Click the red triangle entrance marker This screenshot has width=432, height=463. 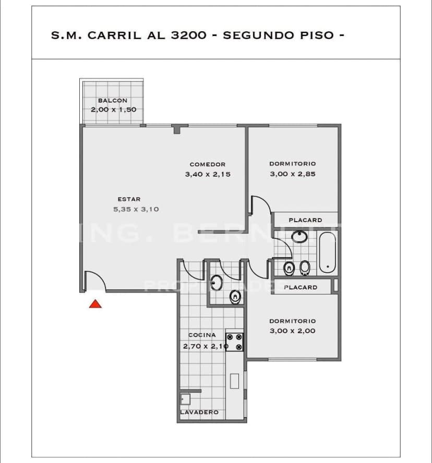tap(95, 303)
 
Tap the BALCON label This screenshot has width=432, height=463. tap(112, 101)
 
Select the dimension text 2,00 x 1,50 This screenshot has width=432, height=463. tap(113, 109)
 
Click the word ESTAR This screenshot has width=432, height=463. tap(129, 199)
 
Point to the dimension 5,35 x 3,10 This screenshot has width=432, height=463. tap(136, 209)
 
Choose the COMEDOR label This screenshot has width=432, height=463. tap(207, 164)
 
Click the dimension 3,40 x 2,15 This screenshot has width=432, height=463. tap(207, 174)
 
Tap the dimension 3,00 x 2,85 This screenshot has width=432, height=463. tap(292, 174)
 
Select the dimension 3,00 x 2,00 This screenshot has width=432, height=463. tap(292, 331)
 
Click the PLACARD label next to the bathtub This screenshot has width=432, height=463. tap(305, 220)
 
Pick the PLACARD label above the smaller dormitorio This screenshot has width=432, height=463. tap(301, 287)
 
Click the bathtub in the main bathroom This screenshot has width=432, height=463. tap(327, 252)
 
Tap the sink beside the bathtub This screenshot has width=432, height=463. tap(299, 237)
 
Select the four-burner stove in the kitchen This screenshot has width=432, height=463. tap(234, 342)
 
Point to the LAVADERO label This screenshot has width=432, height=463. tap(199, 412)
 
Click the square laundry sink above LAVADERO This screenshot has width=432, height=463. tap(185, 399)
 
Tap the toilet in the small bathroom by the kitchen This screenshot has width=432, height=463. tap(235, 297)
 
